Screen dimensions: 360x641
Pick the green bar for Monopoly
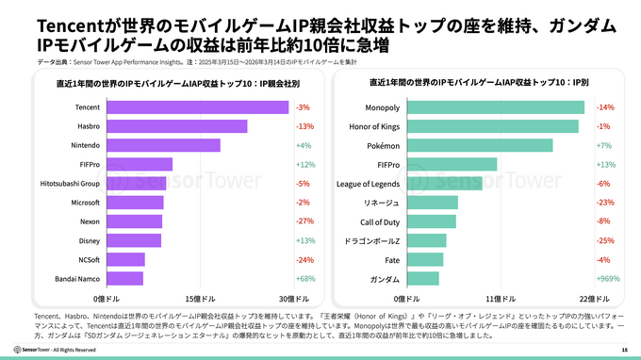tap(494, 107)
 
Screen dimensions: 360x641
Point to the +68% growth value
tap(304, 278)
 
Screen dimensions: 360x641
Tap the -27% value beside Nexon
tap(304, 221)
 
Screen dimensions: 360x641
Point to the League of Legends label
tap(368, 183)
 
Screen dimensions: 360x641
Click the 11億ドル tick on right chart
tap(494, 297)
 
